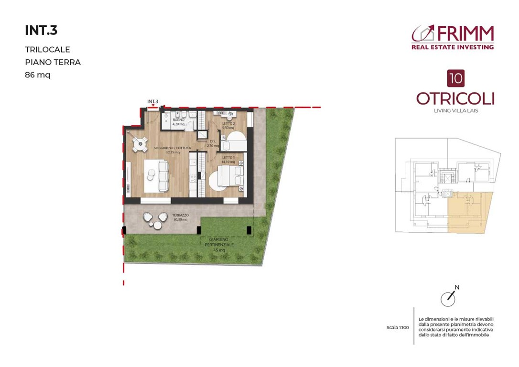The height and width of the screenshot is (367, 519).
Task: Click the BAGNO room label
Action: [x=178, y=119]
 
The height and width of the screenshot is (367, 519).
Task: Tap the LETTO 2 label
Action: [x=228, y=124]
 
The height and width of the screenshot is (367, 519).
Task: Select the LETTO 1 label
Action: [x=228, y=158]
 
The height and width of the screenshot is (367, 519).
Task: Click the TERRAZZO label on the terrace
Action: [x=181, y=215]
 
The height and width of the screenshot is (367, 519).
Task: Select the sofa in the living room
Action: [x=163, y=176]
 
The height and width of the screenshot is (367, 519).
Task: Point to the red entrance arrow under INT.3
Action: [x=153, y=106]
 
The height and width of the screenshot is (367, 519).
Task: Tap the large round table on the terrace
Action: [x=149, y=218]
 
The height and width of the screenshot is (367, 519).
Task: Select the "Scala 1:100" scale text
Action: [x=398, y=328]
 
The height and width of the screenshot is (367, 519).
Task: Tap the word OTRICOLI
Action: [x=455, y=98]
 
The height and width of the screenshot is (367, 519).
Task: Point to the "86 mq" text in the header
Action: [x=37, y=75]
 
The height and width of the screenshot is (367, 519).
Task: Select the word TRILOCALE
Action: [x=47, y=49]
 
